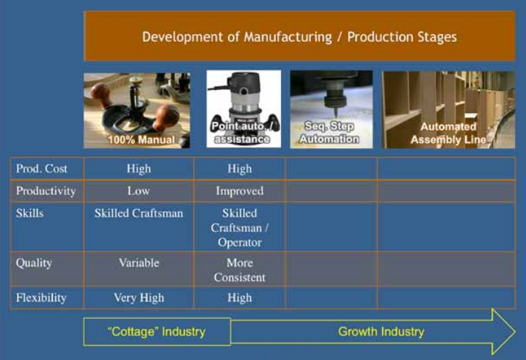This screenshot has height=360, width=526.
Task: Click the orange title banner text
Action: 299,37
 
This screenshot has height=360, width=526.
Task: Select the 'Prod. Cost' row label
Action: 42,169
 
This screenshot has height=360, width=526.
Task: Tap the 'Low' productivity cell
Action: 139,191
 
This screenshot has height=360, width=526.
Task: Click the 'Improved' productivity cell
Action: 239,191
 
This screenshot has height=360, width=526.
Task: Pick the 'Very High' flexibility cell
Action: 139,298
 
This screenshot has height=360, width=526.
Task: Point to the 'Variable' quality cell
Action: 139,262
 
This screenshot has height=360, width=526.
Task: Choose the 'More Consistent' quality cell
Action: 239,270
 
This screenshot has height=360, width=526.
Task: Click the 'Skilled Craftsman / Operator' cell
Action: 239,227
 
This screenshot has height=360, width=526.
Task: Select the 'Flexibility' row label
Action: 41,298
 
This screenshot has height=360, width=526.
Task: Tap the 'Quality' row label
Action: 34,263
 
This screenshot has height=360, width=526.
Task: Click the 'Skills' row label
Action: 30,213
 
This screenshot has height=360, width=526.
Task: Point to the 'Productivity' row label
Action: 46,191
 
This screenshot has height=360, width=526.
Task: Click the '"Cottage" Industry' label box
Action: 157,332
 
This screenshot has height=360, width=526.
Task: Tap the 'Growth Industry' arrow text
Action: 381,332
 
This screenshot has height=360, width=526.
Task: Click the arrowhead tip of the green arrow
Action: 516,332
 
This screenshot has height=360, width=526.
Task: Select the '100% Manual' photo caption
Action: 142,140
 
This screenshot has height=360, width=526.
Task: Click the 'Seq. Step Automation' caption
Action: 329,133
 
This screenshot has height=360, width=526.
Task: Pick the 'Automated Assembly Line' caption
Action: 448,133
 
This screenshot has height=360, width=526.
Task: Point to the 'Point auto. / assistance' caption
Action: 243,133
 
